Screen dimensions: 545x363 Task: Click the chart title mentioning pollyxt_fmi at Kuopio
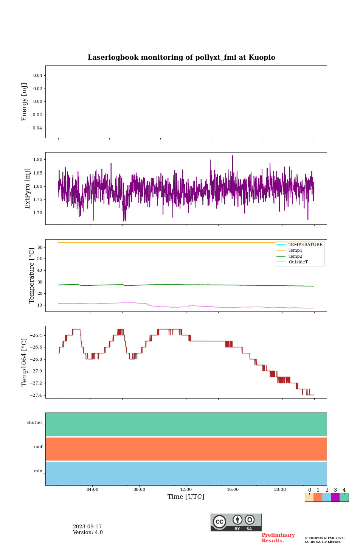tap(181, 58)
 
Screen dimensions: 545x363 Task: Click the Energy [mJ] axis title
tap(25, 102)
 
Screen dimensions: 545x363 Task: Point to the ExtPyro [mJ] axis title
tap(28, 188)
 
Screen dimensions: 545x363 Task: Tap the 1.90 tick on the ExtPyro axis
tap(38, 160)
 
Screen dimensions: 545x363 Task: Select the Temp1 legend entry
tap(295, 251)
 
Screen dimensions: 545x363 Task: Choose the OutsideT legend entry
tap(298, 262)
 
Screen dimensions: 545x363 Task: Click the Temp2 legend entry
tap(295, 257)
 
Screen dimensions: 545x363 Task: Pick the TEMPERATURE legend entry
tap(305, 245)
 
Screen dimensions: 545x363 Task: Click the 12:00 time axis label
tap(186, 490)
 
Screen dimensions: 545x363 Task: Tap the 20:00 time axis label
tap(280, 490)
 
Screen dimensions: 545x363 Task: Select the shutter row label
tap(35, 423)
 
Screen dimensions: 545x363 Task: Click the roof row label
tap(38, 447)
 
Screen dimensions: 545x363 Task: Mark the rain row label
tap(38, 471)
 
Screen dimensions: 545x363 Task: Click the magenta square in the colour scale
tap(335, 497)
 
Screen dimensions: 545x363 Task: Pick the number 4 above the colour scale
tap(344, 490)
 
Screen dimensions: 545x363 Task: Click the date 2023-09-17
tap(87, 527)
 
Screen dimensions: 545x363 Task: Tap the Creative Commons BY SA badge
tap(236, 522)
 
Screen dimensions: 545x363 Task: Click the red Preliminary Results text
tap(278, 538)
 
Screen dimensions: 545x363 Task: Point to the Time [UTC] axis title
tap(186, 497)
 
